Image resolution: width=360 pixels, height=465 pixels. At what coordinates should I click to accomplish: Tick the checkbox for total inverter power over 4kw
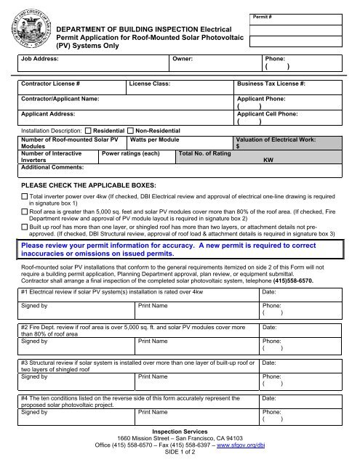(25, 196)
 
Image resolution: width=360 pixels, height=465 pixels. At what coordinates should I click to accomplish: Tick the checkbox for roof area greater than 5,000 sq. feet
(25, 212)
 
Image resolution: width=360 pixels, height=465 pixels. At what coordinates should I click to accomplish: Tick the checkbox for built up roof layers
(25, 228)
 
